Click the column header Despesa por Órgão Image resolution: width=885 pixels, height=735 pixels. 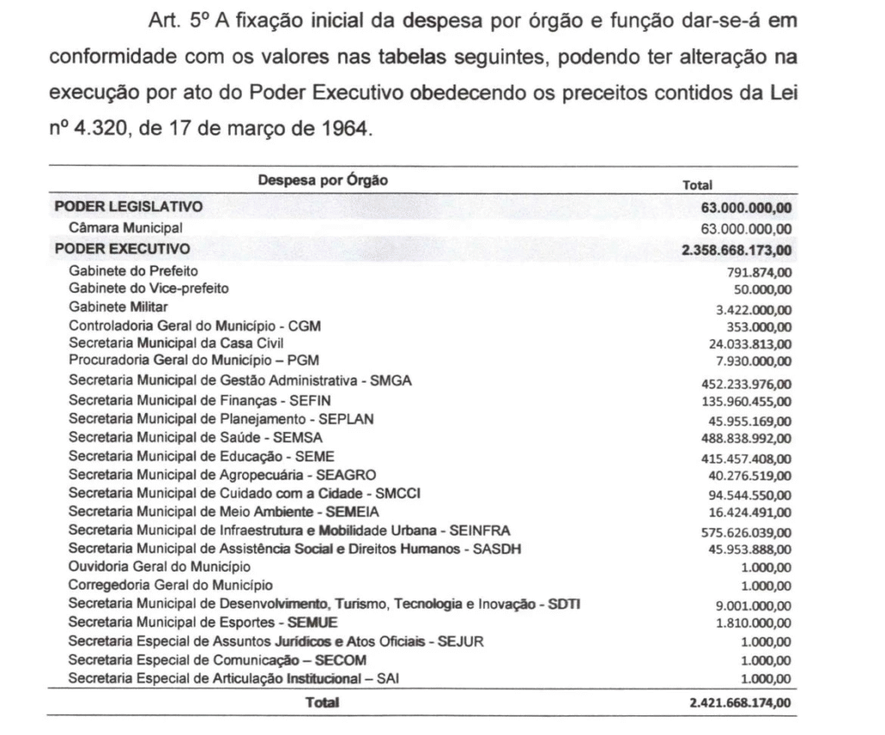(x=322, y=181)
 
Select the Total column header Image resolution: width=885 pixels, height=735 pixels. (x=697, y=184)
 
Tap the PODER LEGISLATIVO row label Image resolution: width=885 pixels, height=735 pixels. (x=129, y=206)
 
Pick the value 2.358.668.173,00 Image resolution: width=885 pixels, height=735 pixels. (x=736, y=251)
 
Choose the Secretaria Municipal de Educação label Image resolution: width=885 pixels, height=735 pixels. (x=201, y=455)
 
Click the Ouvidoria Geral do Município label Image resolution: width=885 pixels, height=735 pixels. (x=160, y=567)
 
